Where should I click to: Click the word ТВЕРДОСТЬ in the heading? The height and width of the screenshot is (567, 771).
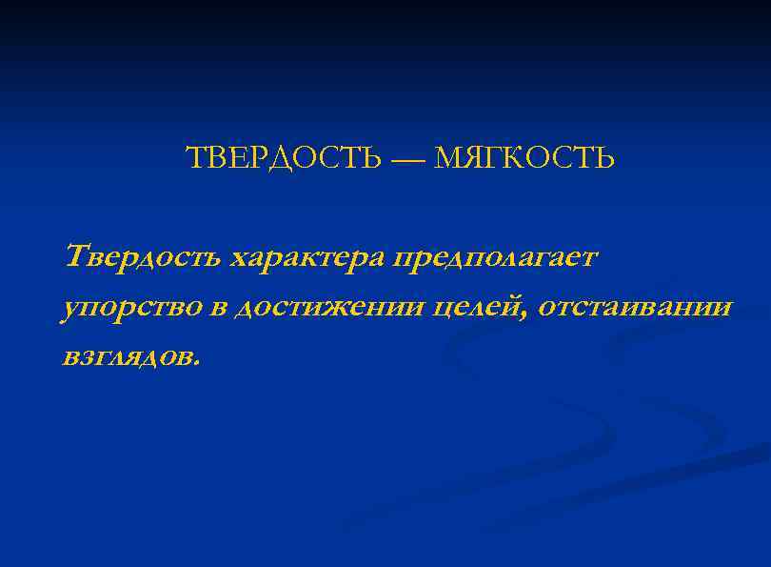282,157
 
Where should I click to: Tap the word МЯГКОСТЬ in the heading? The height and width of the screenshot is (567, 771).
524,157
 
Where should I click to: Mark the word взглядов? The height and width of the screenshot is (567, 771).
128,358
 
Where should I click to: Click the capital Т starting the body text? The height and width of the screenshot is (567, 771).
77,255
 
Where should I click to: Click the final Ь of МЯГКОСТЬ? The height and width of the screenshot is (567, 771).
605,157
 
